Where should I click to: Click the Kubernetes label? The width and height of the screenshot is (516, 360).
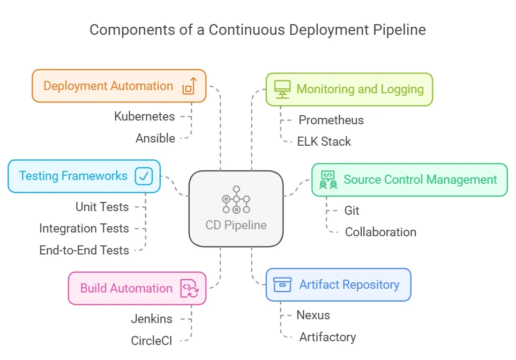click(x=144, y=116)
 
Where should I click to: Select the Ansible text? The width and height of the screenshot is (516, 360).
click(x=155, y=138)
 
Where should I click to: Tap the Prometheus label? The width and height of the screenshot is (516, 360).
click(x=331, y=120)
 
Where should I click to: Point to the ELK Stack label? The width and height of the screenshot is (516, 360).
click(x=324, y=141)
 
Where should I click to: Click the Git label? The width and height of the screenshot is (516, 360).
click(x=352, y=211)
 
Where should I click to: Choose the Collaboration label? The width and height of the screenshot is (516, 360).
click(x=380, y=232)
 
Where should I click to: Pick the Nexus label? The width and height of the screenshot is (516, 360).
click(x=313, y=315)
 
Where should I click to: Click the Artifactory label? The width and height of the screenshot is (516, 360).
click(x=327, y=337)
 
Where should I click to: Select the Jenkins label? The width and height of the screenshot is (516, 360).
click(x=152, y=319)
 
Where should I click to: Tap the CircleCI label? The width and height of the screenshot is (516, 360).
click(x=152, y=341)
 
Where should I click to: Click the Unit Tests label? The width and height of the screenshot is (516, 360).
click(x=102, y=207)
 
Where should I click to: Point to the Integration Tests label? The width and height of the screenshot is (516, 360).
click(x=84, y=228)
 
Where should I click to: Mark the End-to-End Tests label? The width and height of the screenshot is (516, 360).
click(x=84, y=250)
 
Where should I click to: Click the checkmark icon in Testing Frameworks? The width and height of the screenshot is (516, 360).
click(x=144, y=176)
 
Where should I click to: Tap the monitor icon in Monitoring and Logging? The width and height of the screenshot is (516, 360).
click(x=282, y=89)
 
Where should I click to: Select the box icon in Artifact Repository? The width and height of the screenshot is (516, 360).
click(x=282, y=284)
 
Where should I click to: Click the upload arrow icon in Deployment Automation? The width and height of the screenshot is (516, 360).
click(x=190, y=86)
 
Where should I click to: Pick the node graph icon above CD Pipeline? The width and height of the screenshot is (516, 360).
click(x=236, y=199)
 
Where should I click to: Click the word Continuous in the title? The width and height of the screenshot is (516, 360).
click(x=243, y=30)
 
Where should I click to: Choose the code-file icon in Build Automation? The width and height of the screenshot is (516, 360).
click(x=190, y=288)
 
